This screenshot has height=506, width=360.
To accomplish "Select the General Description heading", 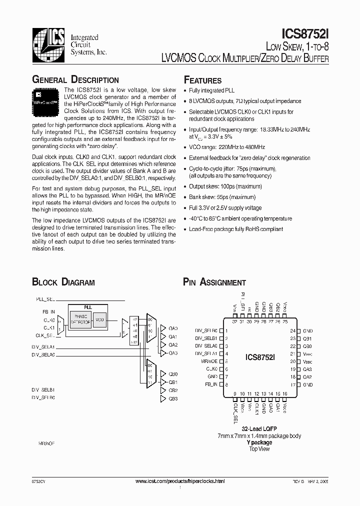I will coord(75,80).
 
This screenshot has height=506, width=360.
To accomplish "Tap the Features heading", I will coord(202,80).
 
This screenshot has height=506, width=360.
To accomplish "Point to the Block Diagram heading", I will coord(63,282).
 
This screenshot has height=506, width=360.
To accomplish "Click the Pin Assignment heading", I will coord(214,282).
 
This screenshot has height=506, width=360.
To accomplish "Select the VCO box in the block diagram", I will coord(99,319).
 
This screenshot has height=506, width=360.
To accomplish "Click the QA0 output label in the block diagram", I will coord(173,328).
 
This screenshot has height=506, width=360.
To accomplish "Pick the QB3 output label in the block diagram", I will coord(173,398).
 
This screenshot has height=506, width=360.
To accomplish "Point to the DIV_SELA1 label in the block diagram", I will coord(43,346).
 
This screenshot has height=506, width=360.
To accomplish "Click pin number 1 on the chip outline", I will coord(226,330).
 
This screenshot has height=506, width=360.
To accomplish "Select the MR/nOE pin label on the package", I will coord(209,361).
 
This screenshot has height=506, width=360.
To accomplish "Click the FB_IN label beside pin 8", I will coord(211,384).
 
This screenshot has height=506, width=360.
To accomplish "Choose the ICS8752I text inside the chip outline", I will coord(259,357).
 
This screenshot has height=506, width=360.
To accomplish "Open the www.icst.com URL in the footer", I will coord(180,480).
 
